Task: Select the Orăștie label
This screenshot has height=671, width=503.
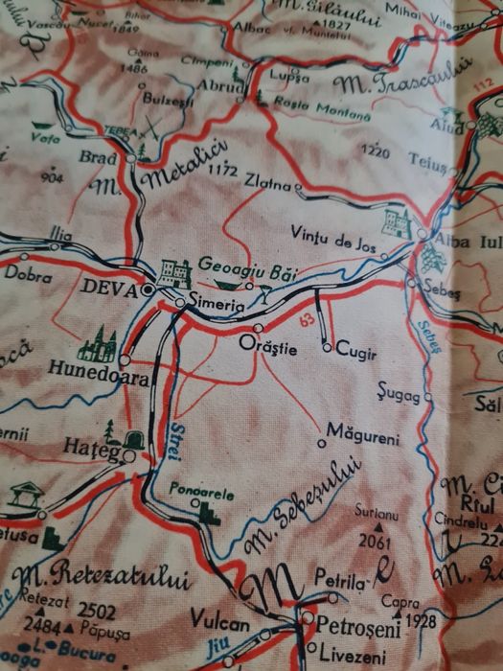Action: [x=267, y=349]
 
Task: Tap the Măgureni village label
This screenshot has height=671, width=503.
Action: [x=362, y=437]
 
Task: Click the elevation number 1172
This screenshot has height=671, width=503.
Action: [x=220, y=170]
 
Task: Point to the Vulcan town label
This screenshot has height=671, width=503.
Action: [x=219, y=622]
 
